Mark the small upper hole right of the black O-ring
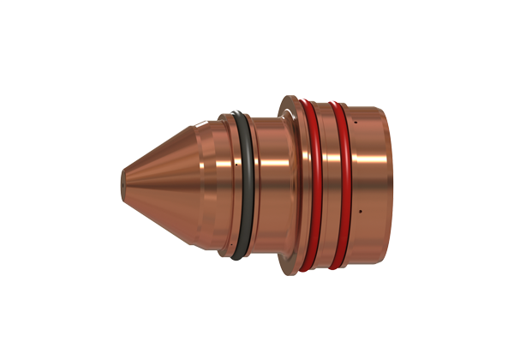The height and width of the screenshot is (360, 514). pos(259,159)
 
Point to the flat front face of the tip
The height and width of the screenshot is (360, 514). pos(119,182)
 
